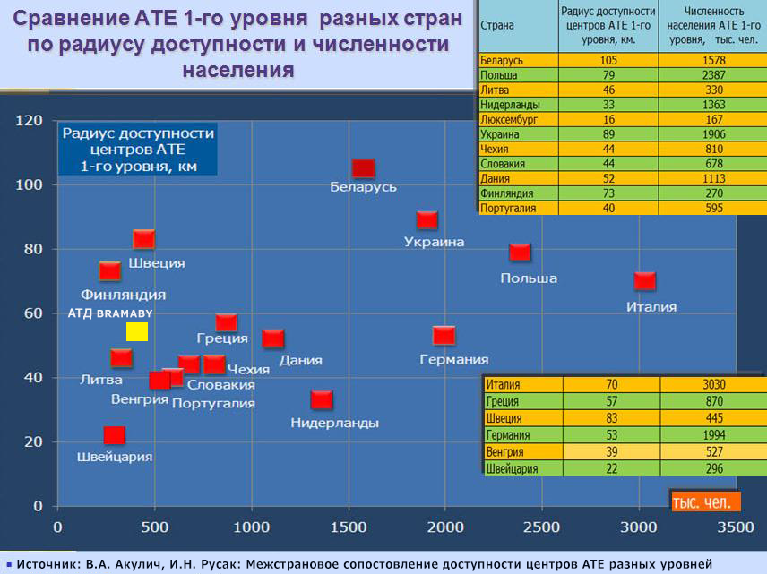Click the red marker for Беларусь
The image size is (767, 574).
tap(364, 168)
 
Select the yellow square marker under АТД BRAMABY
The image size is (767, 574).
tap(137, 331)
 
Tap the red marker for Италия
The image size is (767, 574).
tap(645, 281)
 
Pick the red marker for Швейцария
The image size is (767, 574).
tap(115, 435)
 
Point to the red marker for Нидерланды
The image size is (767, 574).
tap(322, 400)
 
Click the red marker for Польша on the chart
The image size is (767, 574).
tap(520, 253)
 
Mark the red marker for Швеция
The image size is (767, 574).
tap(143, 239)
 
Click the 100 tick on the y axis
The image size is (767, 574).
tap(29, 184)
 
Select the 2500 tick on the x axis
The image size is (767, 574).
tap(541, 527)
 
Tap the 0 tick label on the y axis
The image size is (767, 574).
tap(38, 506)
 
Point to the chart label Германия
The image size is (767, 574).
tap(454, 359)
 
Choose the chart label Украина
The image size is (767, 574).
tap(434, 242)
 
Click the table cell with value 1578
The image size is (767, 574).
tap(713, 60)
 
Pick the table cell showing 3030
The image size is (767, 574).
tap(714, 384)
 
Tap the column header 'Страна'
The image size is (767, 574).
tap(497, 25)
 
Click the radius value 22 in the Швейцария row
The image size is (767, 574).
tap(611, 468)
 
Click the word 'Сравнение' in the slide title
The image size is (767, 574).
tap(69, 19)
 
